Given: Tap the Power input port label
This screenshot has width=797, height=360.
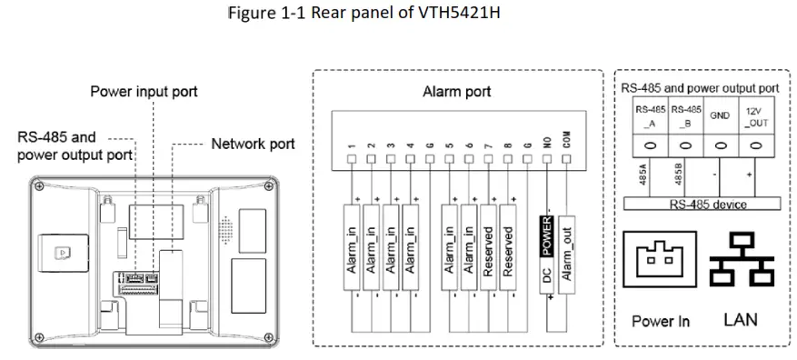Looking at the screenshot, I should pyautogui.click(x=144, y=92).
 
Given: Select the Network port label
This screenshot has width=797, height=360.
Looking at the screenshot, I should pyautogui.click(x=253, y=144).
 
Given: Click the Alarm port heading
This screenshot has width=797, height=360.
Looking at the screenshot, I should pyautogui.click(x=456, y=92).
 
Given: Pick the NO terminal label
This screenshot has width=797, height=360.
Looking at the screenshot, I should pyautogui.click(x=547, y=142).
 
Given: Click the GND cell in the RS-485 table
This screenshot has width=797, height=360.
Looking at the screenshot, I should pyautogui.click(x=719, y=115).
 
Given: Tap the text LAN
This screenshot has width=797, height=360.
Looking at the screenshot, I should pyautogui.click(x=740, y=320).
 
